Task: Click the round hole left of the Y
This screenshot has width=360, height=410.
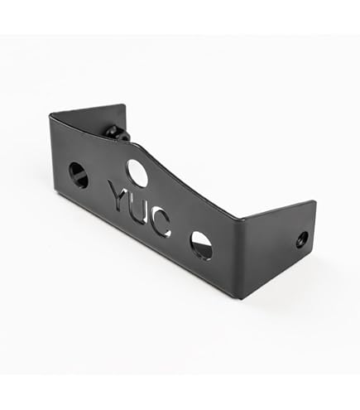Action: click(x=79, y=176)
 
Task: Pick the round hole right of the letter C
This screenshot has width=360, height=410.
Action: click(x=202, y=246)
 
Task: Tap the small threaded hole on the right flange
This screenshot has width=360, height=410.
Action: click(x=302, y=239)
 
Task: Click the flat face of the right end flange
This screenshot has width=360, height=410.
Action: click(x=279, y=248)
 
